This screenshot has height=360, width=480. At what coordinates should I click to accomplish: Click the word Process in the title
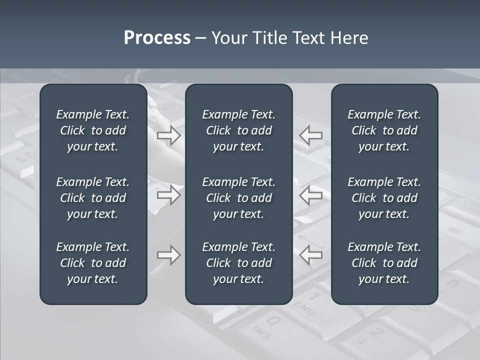point(157,38)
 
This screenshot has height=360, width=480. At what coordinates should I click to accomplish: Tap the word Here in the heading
point(349,38)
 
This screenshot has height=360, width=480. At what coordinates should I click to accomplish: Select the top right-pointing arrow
point(169,135)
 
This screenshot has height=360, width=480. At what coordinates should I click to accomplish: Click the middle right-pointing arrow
point(169,194)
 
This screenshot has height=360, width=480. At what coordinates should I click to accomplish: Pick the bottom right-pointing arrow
point(169,255)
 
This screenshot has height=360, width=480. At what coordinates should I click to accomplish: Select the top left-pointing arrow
point(311,135)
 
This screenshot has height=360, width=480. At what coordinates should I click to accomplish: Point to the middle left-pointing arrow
point(311,194)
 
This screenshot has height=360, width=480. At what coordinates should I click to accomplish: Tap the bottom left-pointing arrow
point(311,255)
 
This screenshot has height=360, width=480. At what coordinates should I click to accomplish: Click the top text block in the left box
point(93,130)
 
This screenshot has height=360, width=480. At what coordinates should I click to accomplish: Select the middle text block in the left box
point(93,198)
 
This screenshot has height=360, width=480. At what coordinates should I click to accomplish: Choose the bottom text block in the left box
point(93,263)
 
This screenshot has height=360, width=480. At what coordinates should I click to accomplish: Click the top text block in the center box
point(238,130)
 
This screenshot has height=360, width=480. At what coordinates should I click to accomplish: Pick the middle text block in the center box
point(238,198)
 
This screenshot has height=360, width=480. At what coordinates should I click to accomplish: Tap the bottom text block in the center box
point(238,263)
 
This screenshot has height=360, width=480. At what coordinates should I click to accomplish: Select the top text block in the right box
point(384,130)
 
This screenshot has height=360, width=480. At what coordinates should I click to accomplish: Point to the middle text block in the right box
point(384,198)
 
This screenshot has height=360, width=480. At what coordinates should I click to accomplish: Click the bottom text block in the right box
point(384,263)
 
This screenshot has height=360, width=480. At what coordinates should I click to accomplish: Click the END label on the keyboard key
point(305,308)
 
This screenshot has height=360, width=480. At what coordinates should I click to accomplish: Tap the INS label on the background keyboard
point(261,333)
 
